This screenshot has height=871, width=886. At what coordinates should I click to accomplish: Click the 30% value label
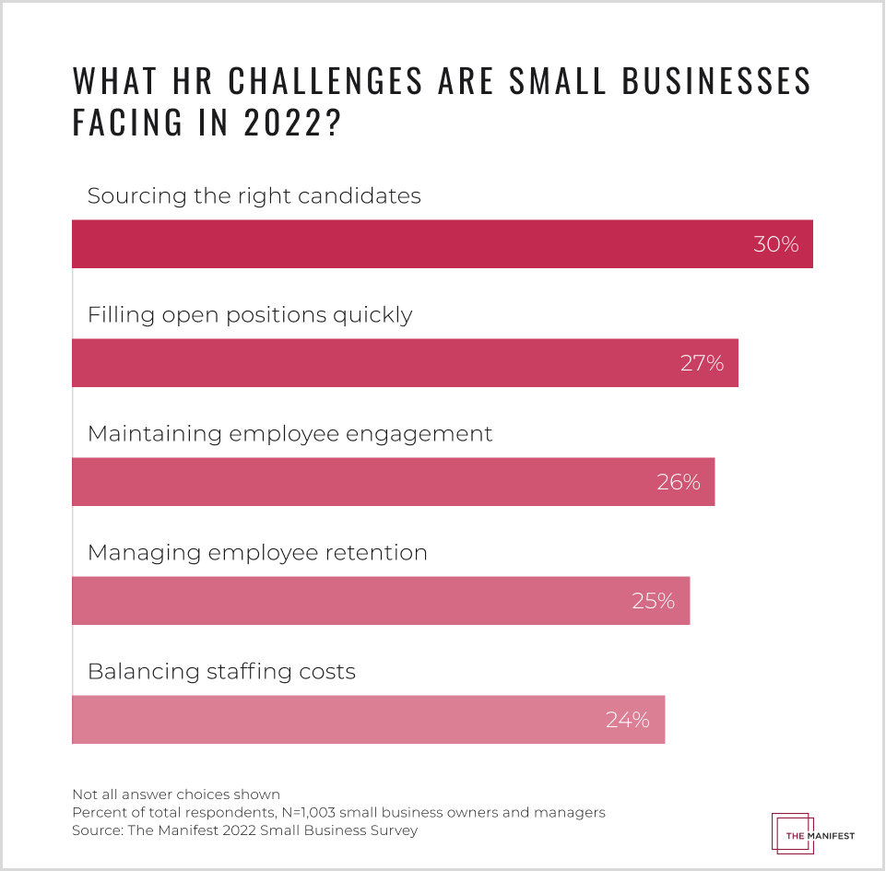(775, 244)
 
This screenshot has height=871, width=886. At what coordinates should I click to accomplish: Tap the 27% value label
(702, 363)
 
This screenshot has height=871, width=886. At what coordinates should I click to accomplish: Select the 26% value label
(679, 482)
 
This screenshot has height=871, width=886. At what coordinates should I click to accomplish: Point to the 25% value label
(653, 601)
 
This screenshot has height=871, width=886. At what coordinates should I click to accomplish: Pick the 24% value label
(628, 720)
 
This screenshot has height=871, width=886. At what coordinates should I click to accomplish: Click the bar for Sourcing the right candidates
(406, 244)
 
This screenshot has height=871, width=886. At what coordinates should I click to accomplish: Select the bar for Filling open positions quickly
(369, 363)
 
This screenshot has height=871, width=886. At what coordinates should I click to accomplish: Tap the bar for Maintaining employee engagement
(360, 482)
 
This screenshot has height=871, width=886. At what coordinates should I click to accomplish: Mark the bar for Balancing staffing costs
(332, 720)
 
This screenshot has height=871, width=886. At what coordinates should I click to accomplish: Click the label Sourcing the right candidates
(254, 196)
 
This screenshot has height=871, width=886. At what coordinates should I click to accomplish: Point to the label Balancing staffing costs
(221, 671)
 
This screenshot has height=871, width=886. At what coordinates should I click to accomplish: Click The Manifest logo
(811, 834)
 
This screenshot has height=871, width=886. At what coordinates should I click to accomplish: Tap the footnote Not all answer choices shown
(175, 794)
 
